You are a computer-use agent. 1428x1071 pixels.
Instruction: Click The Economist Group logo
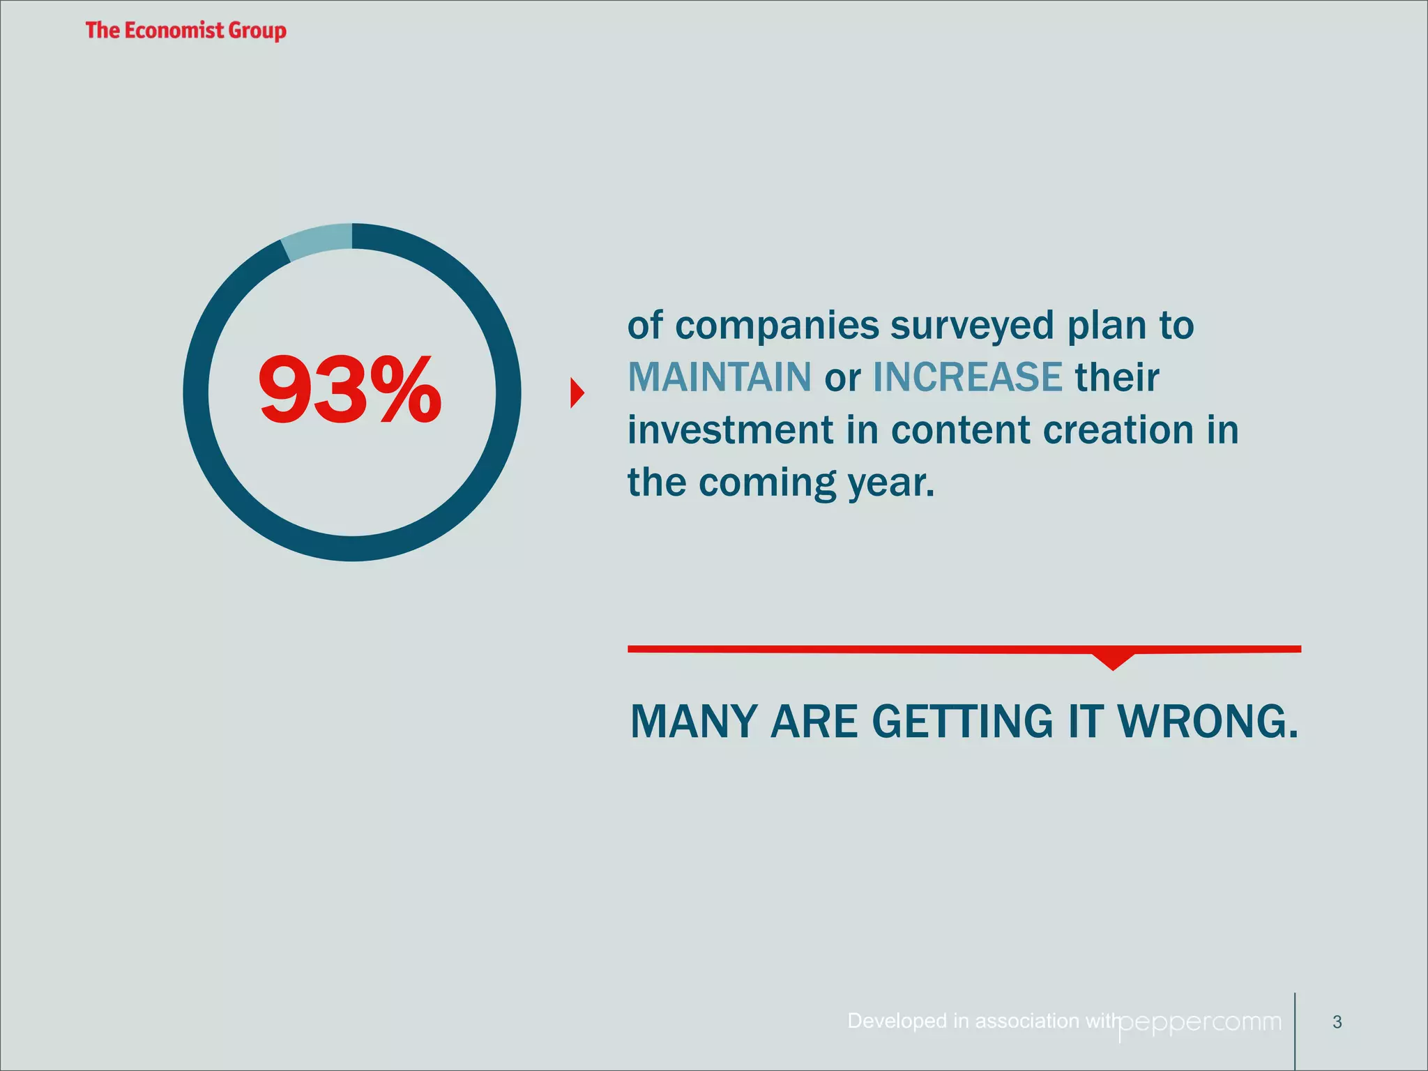point(185,31)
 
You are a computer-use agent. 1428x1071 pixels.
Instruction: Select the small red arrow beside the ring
point(577,393)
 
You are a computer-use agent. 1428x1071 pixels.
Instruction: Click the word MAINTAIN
point(719,377)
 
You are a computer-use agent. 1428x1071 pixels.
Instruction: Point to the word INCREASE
point(967,377)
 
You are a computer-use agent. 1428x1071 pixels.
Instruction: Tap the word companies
point(777,326)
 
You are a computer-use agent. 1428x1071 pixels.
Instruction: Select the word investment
point(729,430)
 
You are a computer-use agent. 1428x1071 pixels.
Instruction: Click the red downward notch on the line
point(1113,660)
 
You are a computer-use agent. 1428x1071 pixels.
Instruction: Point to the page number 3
point(1337,1022)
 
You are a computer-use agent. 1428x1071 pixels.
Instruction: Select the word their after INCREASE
point(1116,377)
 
